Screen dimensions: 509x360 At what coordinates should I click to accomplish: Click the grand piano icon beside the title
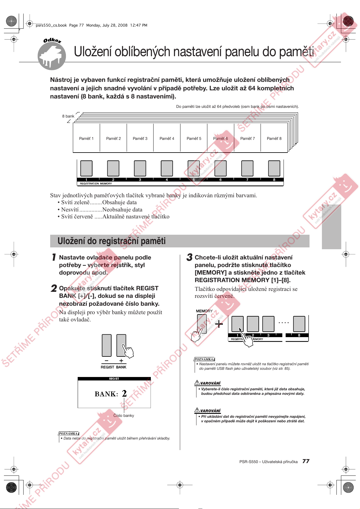click(52, 57)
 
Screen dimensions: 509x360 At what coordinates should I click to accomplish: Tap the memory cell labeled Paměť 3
click(140, 138)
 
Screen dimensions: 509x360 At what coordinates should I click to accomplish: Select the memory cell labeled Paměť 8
click(274, 138)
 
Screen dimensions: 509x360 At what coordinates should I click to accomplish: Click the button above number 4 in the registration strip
click(167, 168)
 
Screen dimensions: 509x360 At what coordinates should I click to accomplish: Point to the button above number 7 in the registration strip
click(247, 168)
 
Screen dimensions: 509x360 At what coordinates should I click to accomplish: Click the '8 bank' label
click(68, 116)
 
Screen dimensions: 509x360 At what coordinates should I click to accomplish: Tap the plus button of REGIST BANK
click(121, 345)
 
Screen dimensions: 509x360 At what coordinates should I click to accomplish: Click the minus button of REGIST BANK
click(107, 345)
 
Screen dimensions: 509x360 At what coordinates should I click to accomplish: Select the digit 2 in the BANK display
click(124, 393)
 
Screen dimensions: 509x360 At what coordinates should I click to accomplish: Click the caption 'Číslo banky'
click(124, 416)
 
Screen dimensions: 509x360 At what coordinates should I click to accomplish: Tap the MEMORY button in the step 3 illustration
click(202, 324)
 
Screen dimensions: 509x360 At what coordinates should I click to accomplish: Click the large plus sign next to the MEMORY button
click(219, 324)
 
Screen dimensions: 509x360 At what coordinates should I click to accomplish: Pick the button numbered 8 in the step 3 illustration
click(299, 324)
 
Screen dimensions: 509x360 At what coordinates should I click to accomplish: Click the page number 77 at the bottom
click(306, 461)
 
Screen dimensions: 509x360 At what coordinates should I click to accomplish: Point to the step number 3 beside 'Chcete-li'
click(190, 257)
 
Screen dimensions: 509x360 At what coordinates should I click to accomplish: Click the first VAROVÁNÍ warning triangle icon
click(197, 383)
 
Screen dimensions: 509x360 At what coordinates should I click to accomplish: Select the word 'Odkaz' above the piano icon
click(52, 40)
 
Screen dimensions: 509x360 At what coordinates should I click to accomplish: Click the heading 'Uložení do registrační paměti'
click(112, 241)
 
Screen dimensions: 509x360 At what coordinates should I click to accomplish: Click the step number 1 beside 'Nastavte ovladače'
click(54, 257)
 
